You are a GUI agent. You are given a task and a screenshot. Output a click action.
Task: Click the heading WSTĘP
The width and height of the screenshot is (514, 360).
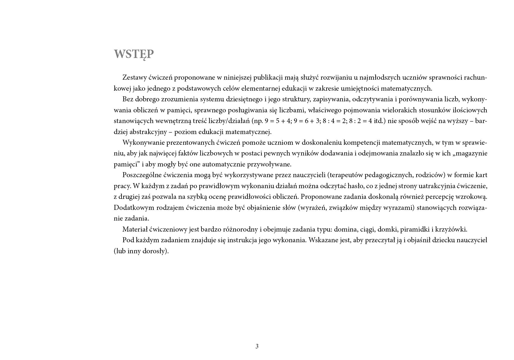(134, 54)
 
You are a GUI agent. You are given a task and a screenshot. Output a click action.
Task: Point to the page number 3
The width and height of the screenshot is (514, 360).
(257, 346)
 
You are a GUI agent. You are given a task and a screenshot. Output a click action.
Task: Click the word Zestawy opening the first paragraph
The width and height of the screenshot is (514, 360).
(134, 78)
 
